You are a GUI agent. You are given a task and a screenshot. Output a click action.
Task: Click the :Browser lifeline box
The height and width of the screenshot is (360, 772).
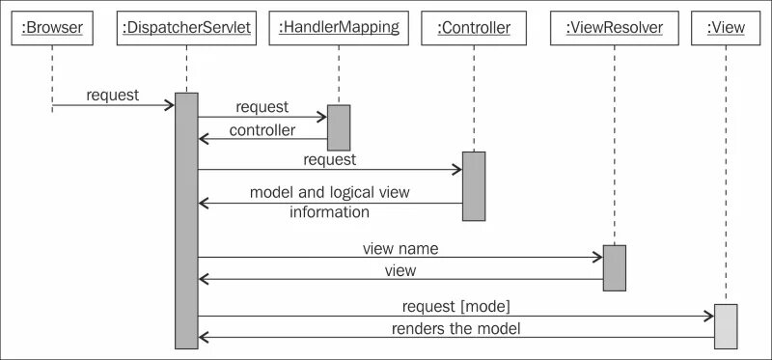tap(52, 28)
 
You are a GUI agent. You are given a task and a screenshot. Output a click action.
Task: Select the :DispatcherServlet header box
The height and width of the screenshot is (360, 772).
tap(186, 28)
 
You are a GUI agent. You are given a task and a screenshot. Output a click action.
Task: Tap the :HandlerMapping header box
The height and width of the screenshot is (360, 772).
tap(339, 28)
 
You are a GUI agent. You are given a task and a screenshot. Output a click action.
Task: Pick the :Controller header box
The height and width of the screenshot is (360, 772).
tap(473, 28)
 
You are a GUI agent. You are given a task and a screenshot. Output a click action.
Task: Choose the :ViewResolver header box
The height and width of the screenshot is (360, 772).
tap(614, 28)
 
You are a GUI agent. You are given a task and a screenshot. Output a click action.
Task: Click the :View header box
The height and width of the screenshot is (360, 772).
tap(726, 28)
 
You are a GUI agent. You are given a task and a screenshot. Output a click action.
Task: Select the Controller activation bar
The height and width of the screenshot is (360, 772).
tap(473, 186)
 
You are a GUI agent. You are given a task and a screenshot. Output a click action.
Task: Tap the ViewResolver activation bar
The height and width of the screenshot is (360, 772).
tap(614, 267)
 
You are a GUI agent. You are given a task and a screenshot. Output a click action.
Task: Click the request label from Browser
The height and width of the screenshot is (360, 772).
tap(112, 95)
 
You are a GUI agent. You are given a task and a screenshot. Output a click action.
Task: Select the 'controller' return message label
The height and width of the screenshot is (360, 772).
tap(262, 129)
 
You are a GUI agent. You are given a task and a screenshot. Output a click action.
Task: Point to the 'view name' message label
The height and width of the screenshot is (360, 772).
tap(400, 248)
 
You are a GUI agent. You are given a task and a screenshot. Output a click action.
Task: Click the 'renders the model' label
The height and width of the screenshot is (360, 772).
tap(455, 328)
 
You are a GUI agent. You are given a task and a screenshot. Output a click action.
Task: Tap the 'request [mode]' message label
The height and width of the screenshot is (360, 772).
tap(455, 306)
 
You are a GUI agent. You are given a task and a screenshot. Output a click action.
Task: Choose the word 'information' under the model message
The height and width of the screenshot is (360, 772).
tap(329, 211)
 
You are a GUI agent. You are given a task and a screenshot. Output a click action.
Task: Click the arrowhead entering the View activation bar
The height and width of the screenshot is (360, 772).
tap(708, 316)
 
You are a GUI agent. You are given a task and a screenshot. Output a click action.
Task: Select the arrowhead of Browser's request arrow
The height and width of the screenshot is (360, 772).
tap(169, 104)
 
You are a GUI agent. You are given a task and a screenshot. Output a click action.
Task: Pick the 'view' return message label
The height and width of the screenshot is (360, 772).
tap(400, 270)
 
